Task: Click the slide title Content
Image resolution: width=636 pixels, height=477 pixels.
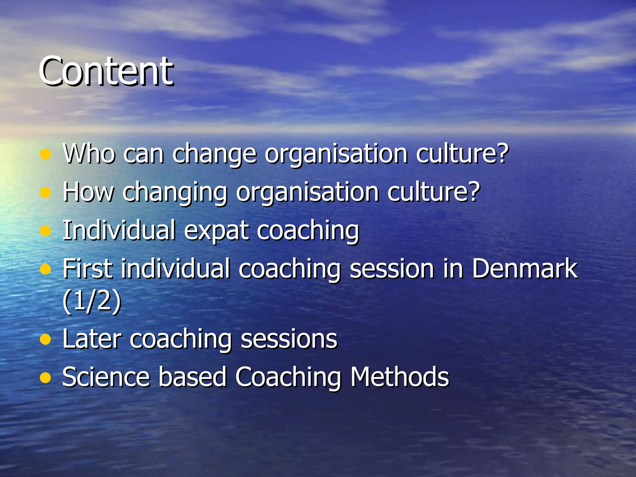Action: tap(106, 71)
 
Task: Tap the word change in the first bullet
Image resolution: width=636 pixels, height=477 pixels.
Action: tap(214, 154)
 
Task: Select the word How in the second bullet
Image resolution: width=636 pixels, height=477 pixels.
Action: tap(88, 192)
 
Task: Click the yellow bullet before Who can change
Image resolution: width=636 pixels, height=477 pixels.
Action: tap(45, 154)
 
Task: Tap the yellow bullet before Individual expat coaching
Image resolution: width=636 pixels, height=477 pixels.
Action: tap(45, 231)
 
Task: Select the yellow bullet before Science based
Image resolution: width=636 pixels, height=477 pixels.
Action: tap(45, 378)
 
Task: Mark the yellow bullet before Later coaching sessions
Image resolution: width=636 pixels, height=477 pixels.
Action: tap(45, 339)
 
